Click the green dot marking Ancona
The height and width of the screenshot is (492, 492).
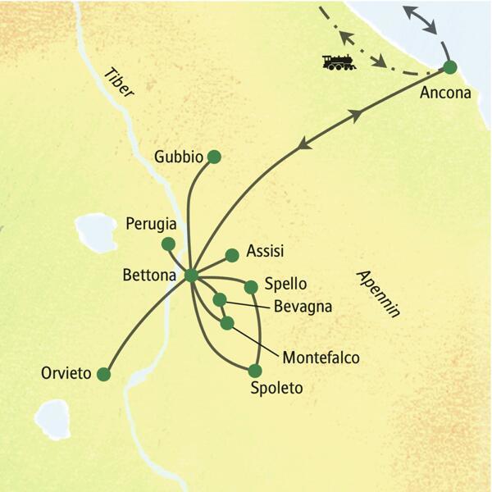point(449,68)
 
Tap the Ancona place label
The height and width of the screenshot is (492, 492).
point(445,93)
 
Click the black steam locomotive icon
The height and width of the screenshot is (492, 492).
point(339,61)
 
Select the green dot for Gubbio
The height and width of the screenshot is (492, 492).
point(214,156)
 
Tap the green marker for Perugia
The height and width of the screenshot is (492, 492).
point(168,244)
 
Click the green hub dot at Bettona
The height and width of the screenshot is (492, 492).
point(191,276)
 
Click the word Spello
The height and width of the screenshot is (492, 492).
point(285,285)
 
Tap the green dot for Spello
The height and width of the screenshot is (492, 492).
point(251,286)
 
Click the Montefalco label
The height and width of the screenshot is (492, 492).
point(321,357)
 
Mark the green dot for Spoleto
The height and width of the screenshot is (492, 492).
point(255,370)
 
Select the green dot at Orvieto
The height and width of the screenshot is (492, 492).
point(103,374)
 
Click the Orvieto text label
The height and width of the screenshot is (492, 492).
point(66,373)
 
